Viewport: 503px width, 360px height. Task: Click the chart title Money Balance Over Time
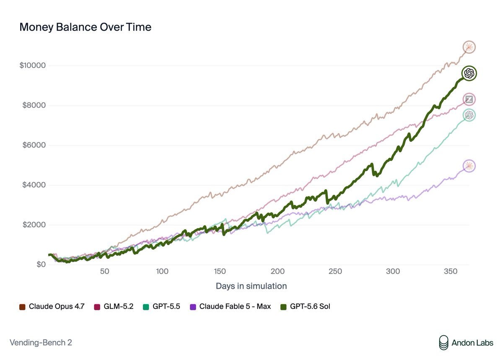coord(86,27)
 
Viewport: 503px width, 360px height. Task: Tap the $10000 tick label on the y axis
coord(33,65)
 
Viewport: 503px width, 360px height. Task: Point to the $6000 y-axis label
coord(34,145)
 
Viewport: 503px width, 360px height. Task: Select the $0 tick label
coord(41,264)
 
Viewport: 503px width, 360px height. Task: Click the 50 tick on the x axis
coord(105,271)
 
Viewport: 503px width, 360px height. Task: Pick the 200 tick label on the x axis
coord(277,271)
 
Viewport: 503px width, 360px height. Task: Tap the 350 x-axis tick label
coord(451,271)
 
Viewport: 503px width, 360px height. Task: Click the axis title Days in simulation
coord(251,286)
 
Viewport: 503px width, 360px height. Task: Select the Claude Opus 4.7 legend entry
coord(52,307)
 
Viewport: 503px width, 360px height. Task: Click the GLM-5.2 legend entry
coord(114,307)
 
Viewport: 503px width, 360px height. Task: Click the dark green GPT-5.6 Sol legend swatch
coord(284,307)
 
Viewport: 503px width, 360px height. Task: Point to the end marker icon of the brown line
coord(469,47)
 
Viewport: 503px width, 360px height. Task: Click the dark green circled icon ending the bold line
coord(469,73)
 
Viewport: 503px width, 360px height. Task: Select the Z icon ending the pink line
coord(469,99)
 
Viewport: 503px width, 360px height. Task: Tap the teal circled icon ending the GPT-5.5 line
coord(469,115)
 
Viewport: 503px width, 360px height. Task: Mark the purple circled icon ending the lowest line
coord(469,166)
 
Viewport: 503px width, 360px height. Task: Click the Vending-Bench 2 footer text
coord(41,343)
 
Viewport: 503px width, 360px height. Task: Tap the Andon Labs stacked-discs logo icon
coord(444,343)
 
